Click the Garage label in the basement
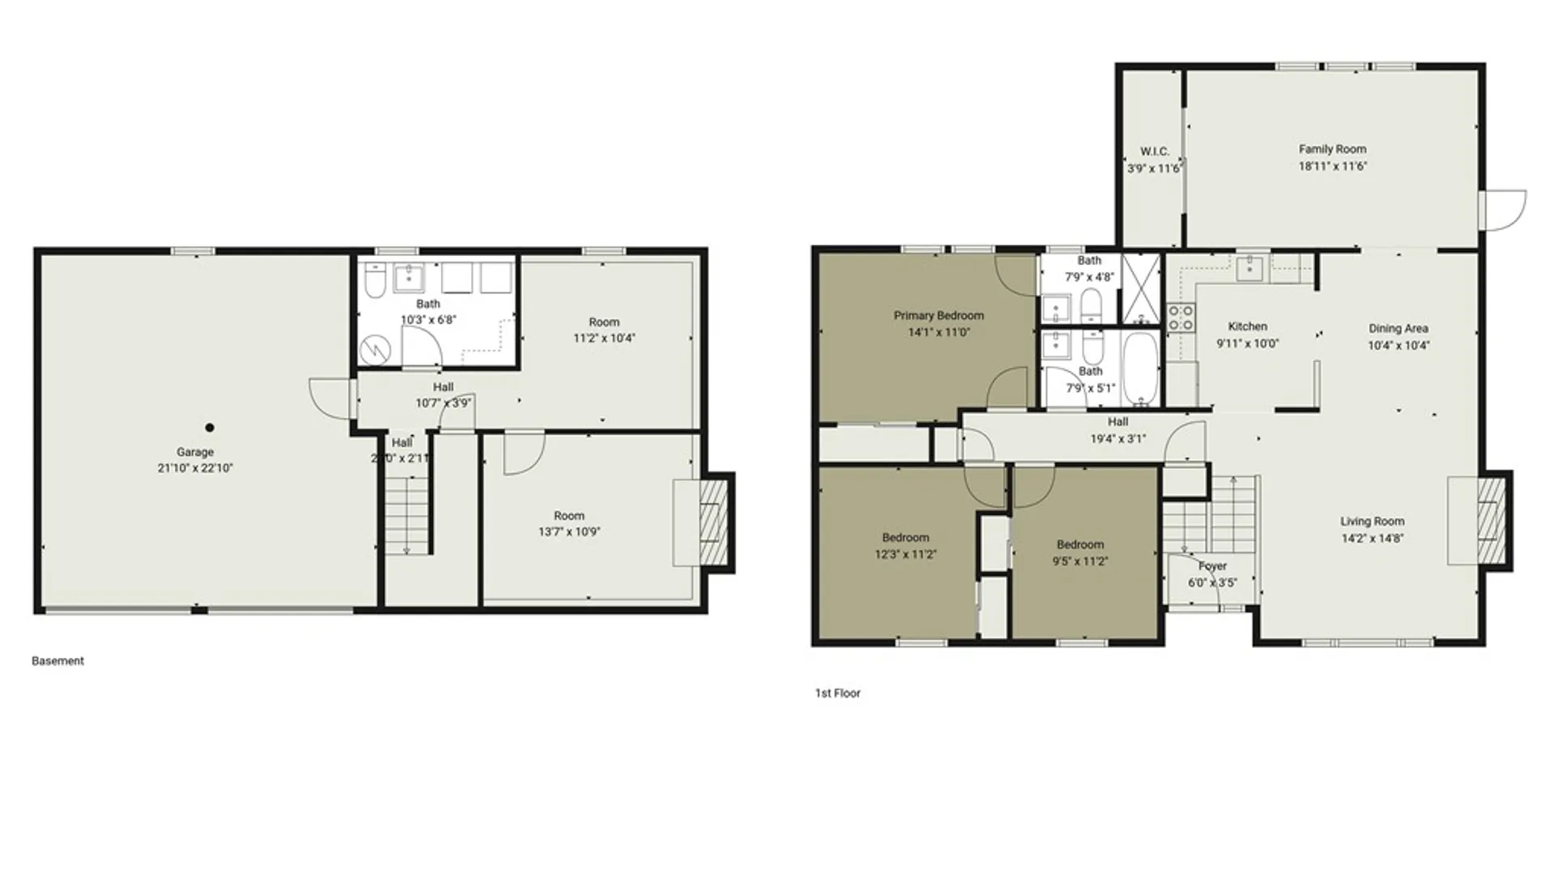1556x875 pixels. coord(195,452)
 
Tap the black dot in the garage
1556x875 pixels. coord(210,428)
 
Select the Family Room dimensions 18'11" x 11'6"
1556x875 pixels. coord(1332,166)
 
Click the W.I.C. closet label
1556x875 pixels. coord(1154,152)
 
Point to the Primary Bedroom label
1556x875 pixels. coord(938,315)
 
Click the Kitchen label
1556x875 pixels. coord(1247,327)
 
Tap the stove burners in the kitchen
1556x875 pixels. coord(1180,318)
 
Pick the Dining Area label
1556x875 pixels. coord(1398,328)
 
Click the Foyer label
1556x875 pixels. coord(1212,566)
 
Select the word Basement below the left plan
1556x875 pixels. coord(58,661)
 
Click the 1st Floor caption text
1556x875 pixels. coord(837,694)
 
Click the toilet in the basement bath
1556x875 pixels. coord(375,280)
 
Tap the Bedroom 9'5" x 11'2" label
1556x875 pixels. coord(1080,544)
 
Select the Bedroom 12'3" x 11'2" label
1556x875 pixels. coord(905,537)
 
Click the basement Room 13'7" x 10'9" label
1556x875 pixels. coord(569,516)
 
